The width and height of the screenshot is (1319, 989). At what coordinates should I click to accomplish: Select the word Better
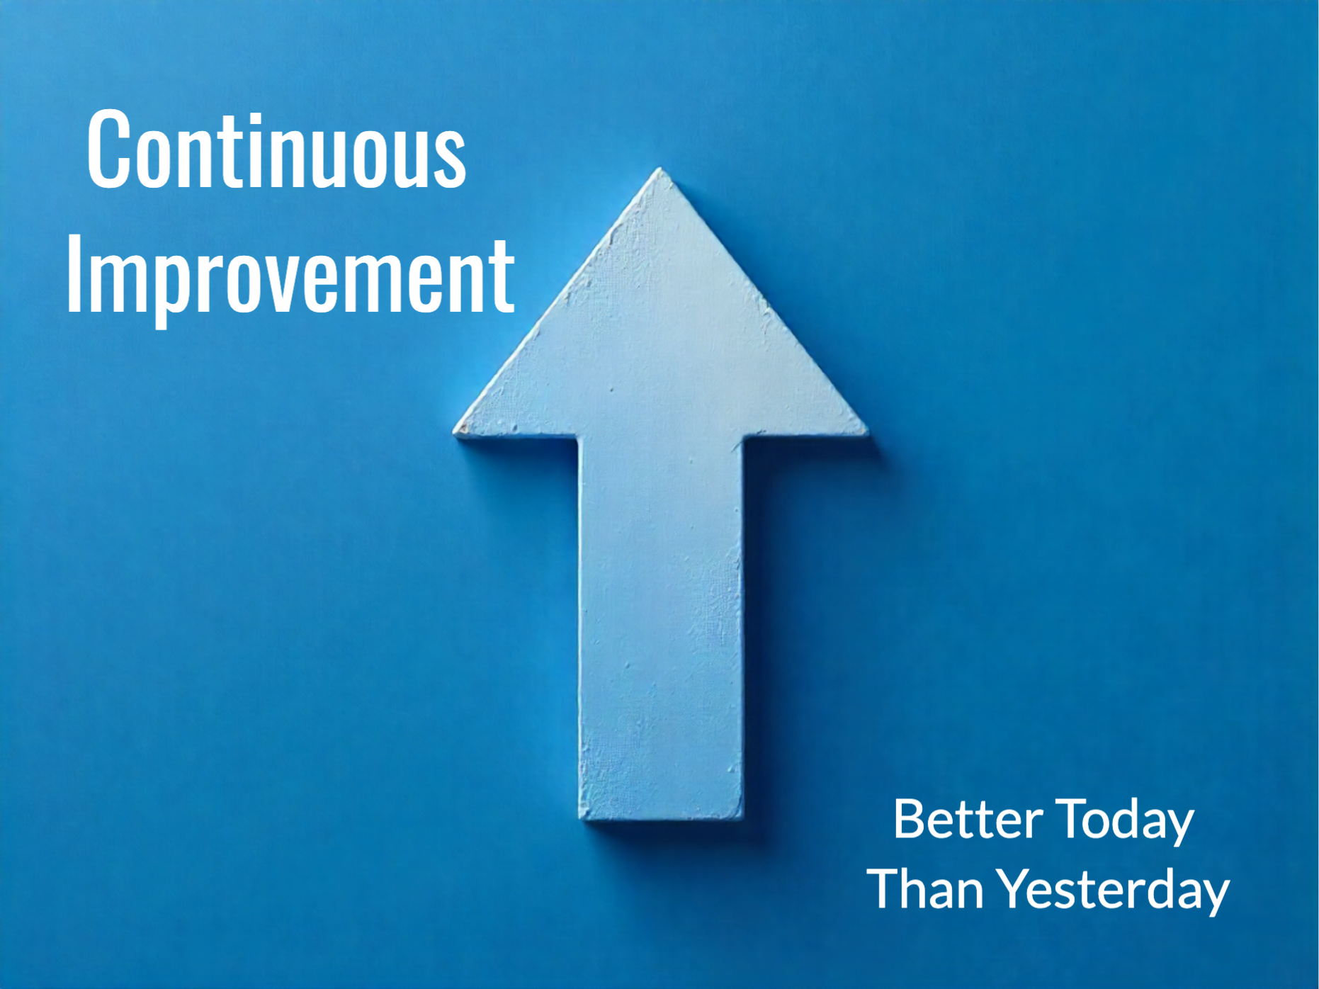point(968,820)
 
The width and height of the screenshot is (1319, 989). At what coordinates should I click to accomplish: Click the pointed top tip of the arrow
point(660,169)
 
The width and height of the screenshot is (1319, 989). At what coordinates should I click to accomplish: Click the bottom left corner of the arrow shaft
point(581,818)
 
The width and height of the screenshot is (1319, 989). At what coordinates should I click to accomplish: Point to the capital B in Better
point(910,820)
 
